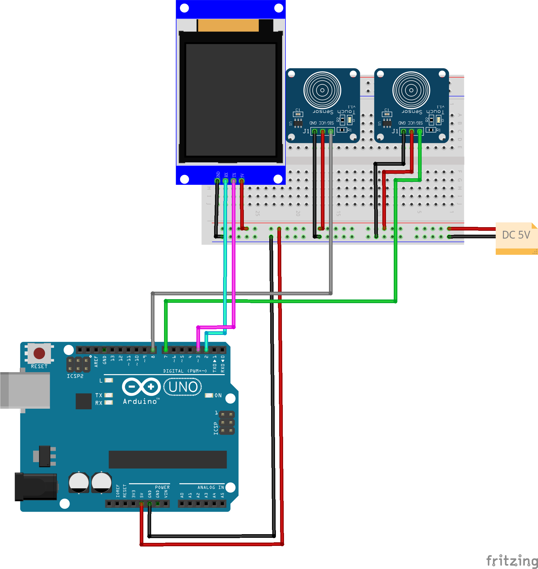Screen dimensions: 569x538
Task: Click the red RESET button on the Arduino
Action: click(x=39, y=353)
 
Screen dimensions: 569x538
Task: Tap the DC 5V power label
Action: click(x=516, y=235)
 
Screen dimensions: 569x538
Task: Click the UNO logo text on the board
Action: click(x=183, y=387)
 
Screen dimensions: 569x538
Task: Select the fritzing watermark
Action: click(x=512, y=561)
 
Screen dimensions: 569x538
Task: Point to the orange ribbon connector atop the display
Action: click(x=228, y=26)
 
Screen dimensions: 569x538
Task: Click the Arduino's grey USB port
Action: click(x=25, y=390)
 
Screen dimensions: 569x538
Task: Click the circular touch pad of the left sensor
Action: click(x=322, y=90)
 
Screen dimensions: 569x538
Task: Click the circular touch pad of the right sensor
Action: click(x=411, y=90)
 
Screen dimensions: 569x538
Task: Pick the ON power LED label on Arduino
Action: click(x=218, y=396)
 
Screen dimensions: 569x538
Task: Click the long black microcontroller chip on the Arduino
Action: click(x=167, y=459)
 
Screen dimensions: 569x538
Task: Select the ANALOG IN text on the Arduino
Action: click(x=211, y=487)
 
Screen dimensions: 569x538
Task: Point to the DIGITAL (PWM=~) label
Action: click(x=185, y=371)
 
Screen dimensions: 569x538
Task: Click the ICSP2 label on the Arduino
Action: click(x=75, y=376)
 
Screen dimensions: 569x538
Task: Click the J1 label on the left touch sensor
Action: click(x=306, y=131)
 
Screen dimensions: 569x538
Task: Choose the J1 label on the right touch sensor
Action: click(x=395, y=131)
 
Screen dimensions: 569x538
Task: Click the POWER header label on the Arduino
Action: click(x=162, y=487)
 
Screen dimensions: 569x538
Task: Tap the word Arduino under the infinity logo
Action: click(x=140, y=402)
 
